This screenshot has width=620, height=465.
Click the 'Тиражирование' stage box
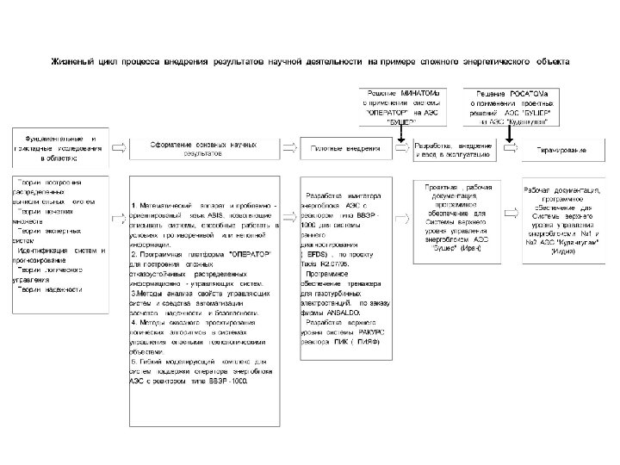pyautogui.click(x=562, y=151)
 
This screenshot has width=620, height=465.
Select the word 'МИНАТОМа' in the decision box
pyautogui.click(x=422, y=92)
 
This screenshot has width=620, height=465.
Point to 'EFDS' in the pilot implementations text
pyautogui.click(x=314, y=257)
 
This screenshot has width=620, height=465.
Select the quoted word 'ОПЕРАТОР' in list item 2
pyautogui.click(x=247, y=255)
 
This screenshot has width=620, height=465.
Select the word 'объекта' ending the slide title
pyautogui.click(x=560, y=62)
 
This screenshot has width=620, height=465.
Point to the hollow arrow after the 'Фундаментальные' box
pyautogui.click(x=117, y=148)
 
